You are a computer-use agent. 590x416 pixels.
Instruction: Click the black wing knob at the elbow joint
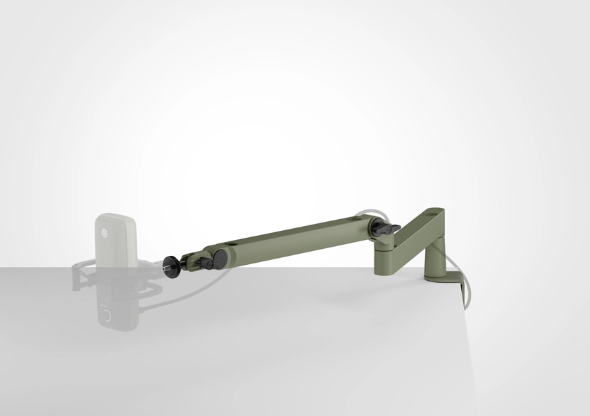[x=383, y=229]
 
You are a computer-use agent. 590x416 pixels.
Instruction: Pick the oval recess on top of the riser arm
[x=436, y=212]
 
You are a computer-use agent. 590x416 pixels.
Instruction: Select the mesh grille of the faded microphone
[x=116, y=239]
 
